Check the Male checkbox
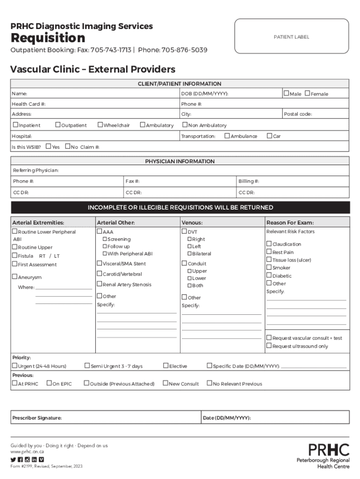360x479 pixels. pos(287,94)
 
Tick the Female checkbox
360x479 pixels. pos(307,94)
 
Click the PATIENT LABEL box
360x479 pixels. pos(291,37)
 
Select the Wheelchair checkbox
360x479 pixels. pos(100,125)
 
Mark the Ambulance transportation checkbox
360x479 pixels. pos(227,136)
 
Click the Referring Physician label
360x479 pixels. pos(36,170)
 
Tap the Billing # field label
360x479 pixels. pos(249,181)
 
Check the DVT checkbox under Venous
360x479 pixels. pos(184,232)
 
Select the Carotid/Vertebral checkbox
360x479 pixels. pos(100,274)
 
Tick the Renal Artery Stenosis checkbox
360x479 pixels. pos(100,284)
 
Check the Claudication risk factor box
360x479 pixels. pos(269,244)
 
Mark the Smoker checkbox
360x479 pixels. pos(269,268)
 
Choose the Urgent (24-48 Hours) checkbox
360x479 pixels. pos(15,366)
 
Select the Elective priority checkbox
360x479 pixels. pos(166,366)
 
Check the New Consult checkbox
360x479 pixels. pos(165,384)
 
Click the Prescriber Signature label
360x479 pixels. pos(37,418)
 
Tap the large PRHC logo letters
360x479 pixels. pos(329,450)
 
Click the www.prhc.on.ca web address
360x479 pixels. pos(28,452)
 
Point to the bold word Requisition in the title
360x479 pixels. pos(48,38)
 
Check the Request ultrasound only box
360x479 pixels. pos(269,346)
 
